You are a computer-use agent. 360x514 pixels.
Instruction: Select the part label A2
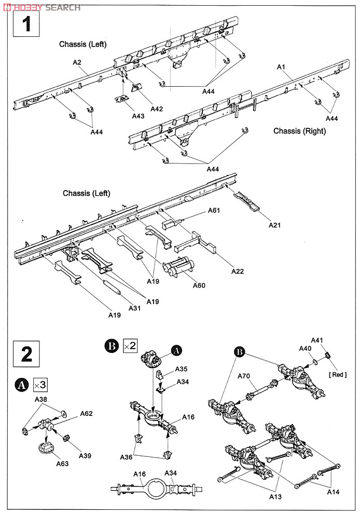pyautogui.click(x=77, y=62)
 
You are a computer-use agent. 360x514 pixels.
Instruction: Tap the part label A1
pyautogui.click(x=282, y=67)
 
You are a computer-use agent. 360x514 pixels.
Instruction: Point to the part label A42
pyautogui.click(x=157, y=109)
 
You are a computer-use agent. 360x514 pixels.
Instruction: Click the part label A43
pyautogui.click(x=137, y=116)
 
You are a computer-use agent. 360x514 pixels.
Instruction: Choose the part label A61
pyautogui.click(x=214, y=210)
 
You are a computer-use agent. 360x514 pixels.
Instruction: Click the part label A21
pyautogui.click(x=275, y=225)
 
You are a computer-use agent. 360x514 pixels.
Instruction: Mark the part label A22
pyautogui.click(x=238, y=271)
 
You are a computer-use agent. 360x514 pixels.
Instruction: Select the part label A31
pyautogui.click(x=134, y=308)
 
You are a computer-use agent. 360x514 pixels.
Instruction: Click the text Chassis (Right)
pyautogui.click(x=300, y=131)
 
